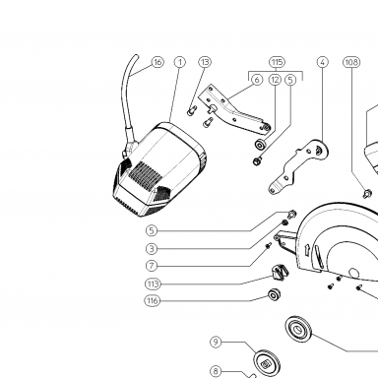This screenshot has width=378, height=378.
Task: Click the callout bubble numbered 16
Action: [157, 62]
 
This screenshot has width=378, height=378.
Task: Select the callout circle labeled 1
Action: [180, 62]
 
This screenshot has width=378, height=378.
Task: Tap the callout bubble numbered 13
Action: [205, 62]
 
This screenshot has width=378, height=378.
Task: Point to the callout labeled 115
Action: [277, 62]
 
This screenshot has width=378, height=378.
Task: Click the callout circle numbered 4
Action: [323, 62]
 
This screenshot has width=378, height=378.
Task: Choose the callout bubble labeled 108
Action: [351, 62]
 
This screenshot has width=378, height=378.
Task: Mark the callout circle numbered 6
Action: [257, 80]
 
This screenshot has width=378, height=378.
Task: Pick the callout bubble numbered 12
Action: [275, 80]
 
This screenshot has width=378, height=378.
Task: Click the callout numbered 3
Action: [152, 249]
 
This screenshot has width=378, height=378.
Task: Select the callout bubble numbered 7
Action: [152, 266]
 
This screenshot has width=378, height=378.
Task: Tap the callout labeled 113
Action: [153, 283]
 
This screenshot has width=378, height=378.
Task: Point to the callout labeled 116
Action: [153, 300]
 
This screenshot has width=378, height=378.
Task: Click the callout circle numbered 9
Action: [216, 343]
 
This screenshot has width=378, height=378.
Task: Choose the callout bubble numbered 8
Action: [216, 371]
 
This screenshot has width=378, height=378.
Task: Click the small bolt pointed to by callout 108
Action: [367, 193]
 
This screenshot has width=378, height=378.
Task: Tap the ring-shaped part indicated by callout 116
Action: [274, 294]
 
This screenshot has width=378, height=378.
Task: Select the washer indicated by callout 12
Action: [261, 145]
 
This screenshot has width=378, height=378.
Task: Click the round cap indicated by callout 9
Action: [268, 362]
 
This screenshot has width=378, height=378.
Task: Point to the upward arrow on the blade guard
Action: [307, 249]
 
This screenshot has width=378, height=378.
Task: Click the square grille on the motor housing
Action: [145, 174]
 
